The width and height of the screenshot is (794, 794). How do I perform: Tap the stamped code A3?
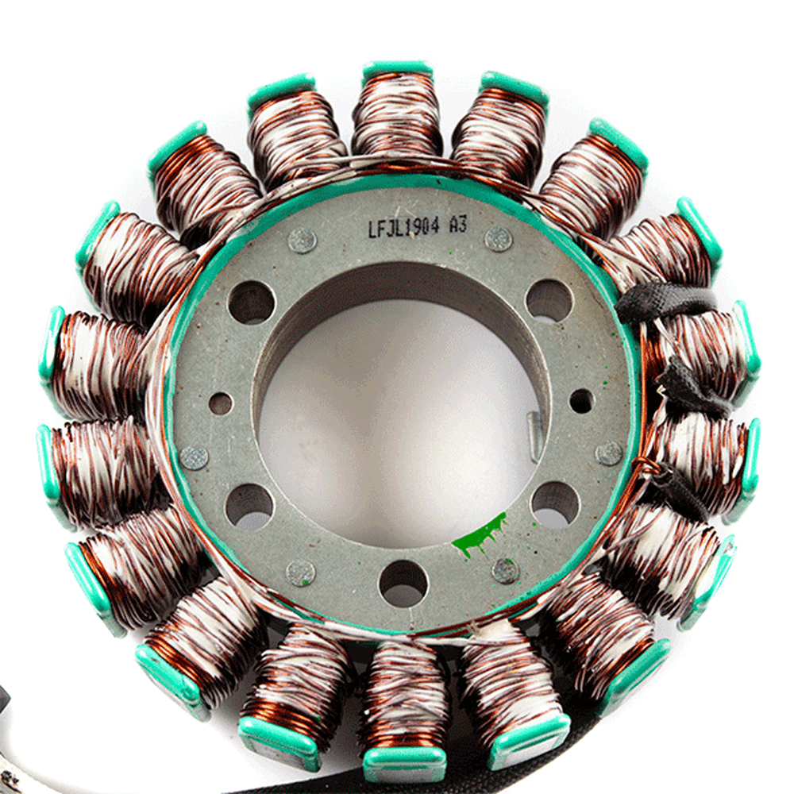458,225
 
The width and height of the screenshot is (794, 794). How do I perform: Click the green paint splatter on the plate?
479,536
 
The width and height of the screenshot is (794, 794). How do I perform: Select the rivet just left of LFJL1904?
303,241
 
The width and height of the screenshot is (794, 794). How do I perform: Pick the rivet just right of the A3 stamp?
499,239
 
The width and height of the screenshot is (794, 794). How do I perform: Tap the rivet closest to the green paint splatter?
505,570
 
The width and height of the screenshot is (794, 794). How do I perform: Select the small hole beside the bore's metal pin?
581,400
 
